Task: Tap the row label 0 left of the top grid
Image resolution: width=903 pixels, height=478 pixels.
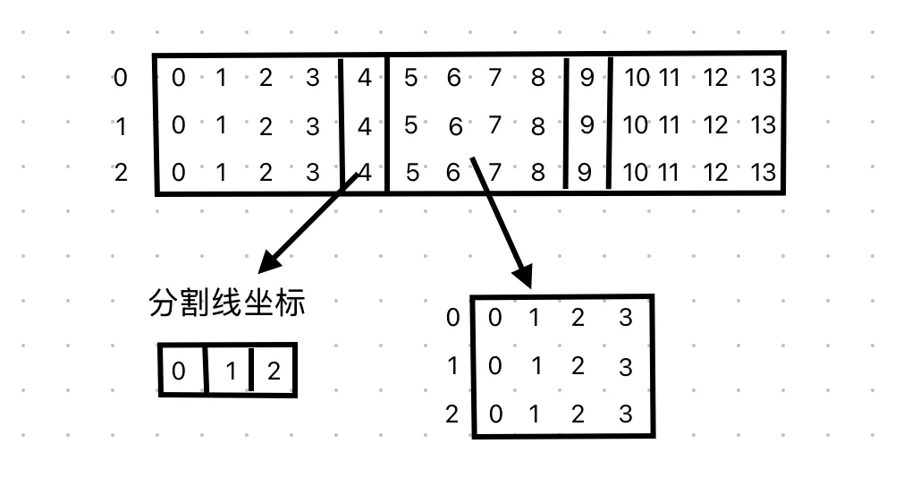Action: (121, 79)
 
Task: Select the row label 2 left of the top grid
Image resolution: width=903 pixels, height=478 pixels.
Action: (121, 172)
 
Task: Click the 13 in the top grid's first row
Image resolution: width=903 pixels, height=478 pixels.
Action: (763, 78)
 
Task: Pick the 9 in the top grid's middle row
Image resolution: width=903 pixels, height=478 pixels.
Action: (587, 125)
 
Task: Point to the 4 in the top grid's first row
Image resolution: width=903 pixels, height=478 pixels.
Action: (364, 79)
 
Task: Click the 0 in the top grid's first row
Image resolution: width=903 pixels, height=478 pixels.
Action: (178, 79)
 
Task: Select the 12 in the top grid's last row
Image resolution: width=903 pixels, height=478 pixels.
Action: (715, 172)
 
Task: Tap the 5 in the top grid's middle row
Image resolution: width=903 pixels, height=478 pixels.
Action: (410, 125)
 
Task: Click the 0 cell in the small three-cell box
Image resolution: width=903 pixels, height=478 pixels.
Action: (179, 370)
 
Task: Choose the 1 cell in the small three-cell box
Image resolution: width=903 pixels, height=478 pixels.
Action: (230, 370)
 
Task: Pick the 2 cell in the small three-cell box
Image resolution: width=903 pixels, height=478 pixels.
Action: (274, 370)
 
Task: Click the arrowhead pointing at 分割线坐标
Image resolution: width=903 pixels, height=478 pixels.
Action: (268, 263)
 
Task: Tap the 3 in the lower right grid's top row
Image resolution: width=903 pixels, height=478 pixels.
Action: (625, 318)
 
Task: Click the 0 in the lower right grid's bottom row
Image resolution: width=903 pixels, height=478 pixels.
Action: (494, 414)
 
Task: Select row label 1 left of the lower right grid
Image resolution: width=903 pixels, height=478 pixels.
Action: (452, 366)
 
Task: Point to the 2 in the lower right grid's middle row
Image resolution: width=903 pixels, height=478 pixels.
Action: (577, 366)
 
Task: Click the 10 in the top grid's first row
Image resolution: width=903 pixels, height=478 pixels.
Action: (636, 78)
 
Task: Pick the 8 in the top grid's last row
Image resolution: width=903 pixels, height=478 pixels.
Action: (537, 172)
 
